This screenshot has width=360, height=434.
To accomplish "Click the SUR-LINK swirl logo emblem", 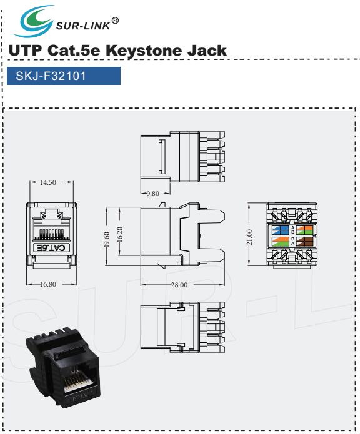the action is (34, 22).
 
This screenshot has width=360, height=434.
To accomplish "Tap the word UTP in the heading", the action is (25, 51).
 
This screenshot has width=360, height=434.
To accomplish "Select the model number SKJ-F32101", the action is (51, 76).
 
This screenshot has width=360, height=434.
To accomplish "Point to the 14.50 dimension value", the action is (48, 182).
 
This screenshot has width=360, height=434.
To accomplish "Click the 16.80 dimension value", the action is (48, 284).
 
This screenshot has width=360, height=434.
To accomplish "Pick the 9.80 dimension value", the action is (153, 194).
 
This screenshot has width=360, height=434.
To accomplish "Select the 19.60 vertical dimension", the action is (107, 239).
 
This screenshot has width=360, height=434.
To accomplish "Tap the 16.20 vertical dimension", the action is (120, 234).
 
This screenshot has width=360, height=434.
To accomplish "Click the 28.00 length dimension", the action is (179, 285).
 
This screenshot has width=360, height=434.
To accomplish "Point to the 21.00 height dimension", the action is (249, 237).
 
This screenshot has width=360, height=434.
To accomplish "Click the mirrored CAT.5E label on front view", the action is (51, 248).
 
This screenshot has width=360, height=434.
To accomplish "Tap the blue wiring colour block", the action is (280, 230).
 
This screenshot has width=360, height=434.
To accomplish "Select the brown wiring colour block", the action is (305, 242).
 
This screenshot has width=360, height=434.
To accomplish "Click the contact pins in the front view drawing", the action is (51, 234).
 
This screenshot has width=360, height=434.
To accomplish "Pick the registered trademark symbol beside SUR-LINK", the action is (115, 21).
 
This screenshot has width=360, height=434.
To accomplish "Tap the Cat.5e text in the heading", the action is (74, 51).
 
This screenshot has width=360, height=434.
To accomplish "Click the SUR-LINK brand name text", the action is (83, 26).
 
